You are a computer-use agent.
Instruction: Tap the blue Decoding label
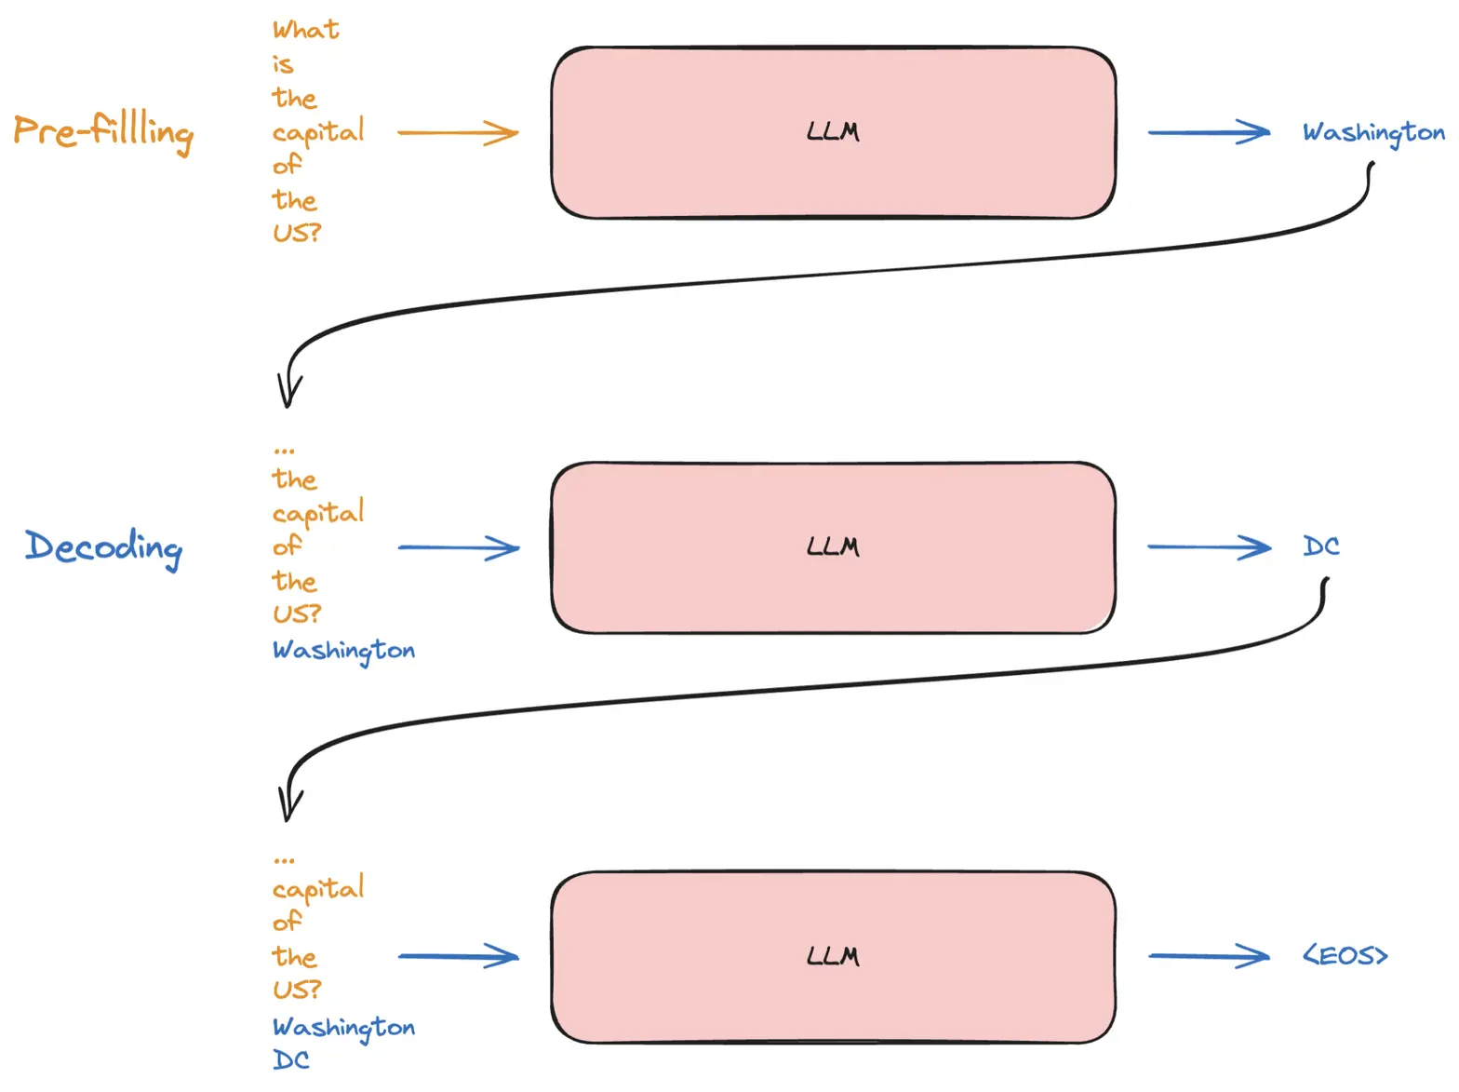(x=103, y=548)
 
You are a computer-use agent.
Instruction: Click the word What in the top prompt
(x=306, y=30)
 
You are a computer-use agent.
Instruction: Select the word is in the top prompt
(x=283, y=64)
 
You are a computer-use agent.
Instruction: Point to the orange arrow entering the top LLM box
(x=457, y=132)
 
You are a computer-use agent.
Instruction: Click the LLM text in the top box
(x=833, y=131)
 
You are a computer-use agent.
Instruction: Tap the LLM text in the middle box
(x=833, y=546)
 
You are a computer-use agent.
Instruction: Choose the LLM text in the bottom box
(x=833, y=956)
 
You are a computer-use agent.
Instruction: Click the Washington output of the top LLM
(x=1373, y=134)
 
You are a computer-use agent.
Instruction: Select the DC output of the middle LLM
(x=1320, y=546)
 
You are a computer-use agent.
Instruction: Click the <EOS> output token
(x=1345, y=956)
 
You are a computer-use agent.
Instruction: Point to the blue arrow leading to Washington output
(x=1209, y=131)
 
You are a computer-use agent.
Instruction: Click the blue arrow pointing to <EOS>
(x=1209, y=956)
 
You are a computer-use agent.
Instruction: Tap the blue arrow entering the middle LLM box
(x=459, y=547)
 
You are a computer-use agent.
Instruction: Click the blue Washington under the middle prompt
(x=343, y=652)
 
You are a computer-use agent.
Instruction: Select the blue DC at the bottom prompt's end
(x=291, y=1059)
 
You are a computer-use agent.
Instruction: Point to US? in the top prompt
(x=297, y=233)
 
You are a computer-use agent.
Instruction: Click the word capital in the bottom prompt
(x=318, y=889)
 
